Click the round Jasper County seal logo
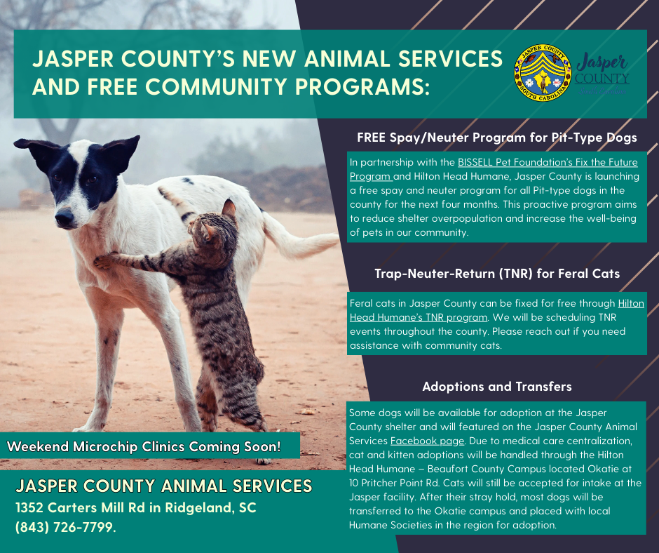click(543, 74)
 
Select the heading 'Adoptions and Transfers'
click(496, 387)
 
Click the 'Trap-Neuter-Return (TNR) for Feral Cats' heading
click(497, 274)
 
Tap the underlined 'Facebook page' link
click(427, 441)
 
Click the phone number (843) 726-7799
click(65, 526)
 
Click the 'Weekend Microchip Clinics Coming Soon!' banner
click(144, 446)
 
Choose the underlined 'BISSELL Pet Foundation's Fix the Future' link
click(548, 162)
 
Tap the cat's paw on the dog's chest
click(104, 260)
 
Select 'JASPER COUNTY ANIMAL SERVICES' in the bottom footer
click(163, 486)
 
